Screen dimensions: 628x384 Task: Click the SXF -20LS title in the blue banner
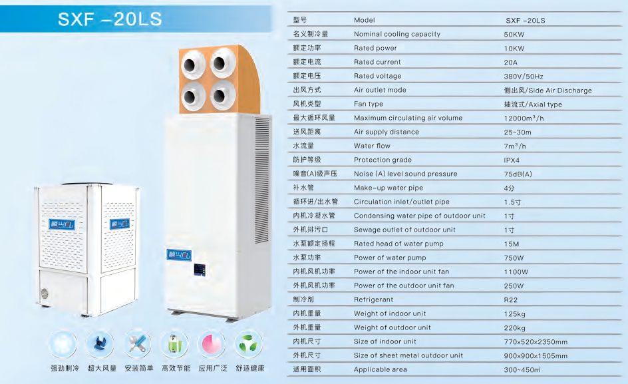click(x=110, y=19)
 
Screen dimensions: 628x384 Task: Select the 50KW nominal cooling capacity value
click(x=514, y=35)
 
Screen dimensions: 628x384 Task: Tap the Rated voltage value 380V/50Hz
click(x=524, y=76)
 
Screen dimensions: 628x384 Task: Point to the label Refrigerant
click(x=373, y=299)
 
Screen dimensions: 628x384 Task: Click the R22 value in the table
click(x=511, y=300)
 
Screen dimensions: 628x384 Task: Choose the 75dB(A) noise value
click(x=518, y=174)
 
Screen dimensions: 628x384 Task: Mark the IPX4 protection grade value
click(x=512, y=160)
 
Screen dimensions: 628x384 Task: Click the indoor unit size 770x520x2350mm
click(x=536, y=342)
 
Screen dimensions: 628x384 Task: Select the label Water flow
click(x=372, y=146)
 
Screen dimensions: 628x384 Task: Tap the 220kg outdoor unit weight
click(x=515, y=328)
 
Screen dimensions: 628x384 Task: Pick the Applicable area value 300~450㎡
click(x=522, y=369)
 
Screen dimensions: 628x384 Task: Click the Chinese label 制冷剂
click(x=303, y=299)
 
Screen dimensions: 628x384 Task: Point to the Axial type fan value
click(x=533, y=104)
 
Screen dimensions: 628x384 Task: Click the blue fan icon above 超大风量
click(x=100, y=344)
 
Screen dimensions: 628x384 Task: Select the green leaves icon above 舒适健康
click(x=249, y=344)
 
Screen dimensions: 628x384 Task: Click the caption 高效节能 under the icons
click(x=176, y=368)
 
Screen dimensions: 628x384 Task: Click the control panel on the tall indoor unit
click(x=200, y=270)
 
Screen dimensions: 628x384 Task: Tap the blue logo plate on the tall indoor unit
click(x=179, y=255)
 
